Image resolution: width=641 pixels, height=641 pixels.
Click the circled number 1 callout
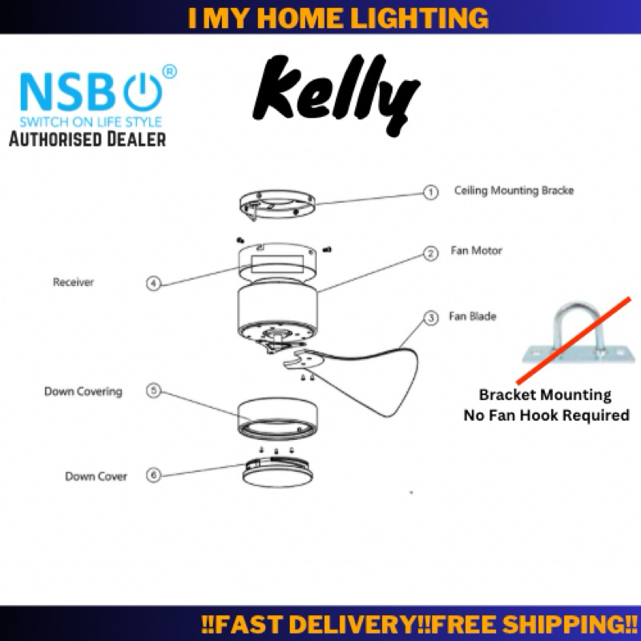(x=431, y=192)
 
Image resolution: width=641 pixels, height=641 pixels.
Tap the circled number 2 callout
(x=431, y=253)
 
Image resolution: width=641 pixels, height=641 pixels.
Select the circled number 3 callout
(x=431, y=318)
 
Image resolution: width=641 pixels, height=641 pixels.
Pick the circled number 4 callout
(x=153, y=282)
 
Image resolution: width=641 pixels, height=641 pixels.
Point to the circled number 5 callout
(x=153, y=391)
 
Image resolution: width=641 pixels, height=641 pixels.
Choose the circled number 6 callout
(x=153, y=475)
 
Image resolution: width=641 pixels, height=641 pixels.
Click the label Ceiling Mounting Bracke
(x=514, y=191)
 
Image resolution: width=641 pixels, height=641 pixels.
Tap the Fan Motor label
(x=476, y=251)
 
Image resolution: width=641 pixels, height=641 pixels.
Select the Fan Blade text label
(x=473, y=316)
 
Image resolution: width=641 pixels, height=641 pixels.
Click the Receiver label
(x=73, y=282)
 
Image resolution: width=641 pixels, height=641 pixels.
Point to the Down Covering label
(x=83, y=392)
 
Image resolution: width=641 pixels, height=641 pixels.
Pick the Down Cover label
(x=96, y=477)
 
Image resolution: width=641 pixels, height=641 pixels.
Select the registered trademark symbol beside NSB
(x=169, y=72)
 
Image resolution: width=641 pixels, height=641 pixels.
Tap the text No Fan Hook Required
(x=546, y=415)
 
